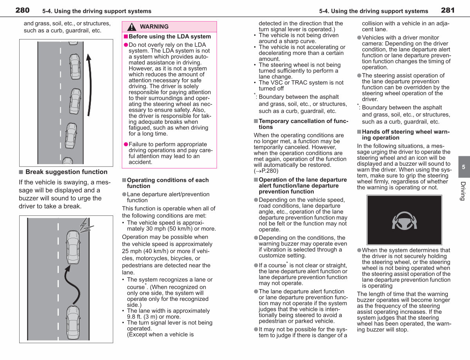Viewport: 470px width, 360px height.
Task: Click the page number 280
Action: coord(22,10)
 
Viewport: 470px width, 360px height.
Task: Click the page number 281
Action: coord(448,10)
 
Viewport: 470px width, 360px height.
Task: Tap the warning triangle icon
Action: coord(132,27)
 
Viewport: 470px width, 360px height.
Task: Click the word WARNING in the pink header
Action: coord(154,27)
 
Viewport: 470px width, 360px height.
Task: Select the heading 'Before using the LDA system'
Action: coord(170,36)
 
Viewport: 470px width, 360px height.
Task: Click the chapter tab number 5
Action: coord(463,167)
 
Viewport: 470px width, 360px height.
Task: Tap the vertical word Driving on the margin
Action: coord(463,191)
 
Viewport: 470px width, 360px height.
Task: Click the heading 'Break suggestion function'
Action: coord(67,172)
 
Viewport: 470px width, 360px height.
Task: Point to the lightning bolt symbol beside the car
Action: coord(86,225)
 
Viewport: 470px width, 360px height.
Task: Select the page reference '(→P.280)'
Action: coord(266,171)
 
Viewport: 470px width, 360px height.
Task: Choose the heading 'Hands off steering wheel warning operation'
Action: coord(406,135)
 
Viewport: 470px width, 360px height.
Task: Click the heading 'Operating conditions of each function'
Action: coord(168,183)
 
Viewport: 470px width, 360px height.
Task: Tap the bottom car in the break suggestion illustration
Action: coord(73,322)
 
